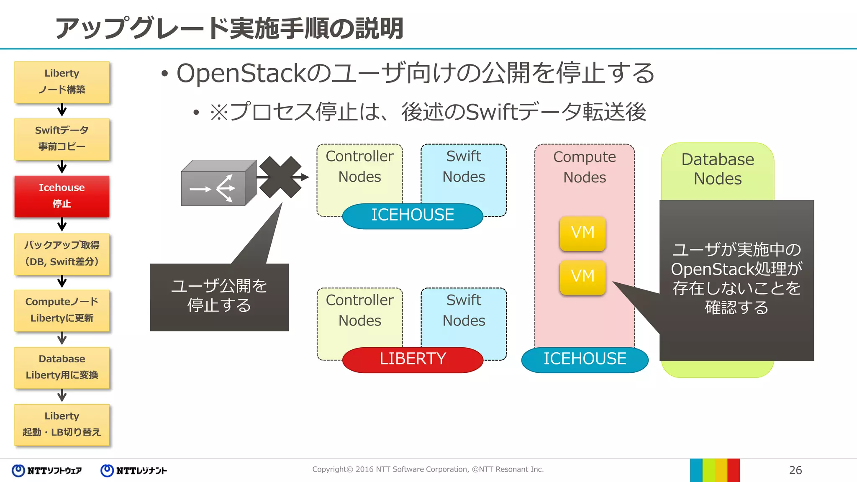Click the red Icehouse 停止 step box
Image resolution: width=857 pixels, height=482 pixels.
click(x=62, y=196)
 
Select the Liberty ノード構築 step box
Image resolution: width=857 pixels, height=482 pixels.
click(x=62, y=82)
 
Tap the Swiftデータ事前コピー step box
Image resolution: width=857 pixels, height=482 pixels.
click(x=62, y=139)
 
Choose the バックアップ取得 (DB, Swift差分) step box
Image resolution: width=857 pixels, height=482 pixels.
click(x=62, y=254)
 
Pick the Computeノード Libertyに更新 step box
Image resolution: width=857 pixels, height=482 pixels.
click(x=62, y=310)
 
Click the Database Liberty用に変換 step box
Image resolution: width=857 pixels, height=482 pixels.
click(x=62, y=367)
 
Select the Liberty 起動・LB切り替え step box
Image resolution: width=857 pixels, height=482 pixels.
click(x=62, y=424)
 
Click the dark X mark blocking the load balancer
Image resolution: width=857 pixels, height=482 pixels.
click(x=280, y=177)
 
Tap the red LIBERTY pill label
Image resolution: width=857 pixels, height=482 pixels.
click(x=413, y=359)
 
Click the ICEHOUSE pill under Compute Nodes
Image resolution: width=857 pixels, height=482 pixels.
click(x=585, y=359)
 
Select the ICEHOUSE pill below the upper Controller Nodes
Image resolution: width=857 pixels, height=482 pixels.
click(x=413, y=215)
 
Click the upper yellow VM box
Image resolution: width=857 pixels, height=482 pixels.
click(x=582, y=233)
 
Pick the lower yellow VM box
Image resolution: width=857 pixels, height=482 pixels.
click(x=582, y=277)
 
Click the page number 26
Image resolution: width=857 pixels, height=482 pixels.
click(x=795, y=470)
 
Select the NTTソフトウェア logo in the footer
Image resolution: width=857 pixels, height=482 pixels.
click(x=47, y=471)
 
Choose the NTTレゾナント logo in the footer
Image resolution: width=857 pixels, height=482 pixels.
click(x=134, y=471)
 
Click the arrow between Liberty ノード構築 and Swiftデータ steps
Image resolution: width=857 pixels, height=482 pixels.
click(x=62, y=110)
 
